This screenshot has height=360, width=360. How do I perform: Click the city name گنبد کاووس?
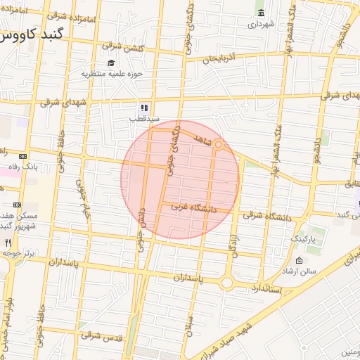(x=32, y=35)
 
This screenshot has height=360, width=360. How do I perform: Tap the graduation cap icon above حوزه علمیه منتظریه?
(x=112, y=63)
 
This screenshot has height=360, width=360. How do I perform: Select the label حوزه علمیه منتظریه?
(x=112, y=73)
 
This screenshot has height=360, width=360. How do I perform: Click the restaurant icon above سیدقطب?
(x=143, y=108)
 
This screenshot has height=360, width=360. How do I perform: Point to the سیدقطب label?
(x=143, y=119)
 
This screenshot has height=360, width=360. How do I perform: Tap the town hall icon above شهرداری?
(x=262, y=13)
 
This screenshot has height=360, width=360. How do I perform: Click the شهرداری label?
(x=261, y=24)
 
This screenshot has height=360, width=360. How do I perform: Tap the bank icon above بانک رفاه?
(x=23, y=156)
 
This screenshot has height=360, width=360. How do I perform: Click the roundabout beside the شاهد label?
(x=219, y=146)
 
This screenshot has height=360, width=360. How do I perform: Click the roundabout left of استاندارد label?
(x=226, y=283)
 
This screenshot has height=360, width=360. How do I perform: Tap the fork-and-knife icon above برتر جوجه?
(x=8, y=242)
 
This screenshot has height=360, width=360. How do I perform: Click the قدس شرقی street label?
(x=96, y=336)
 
